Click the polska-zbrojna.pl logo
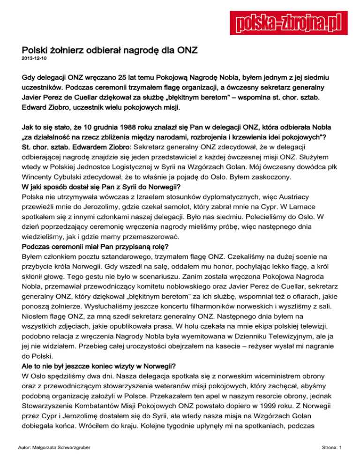(286, 22)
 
